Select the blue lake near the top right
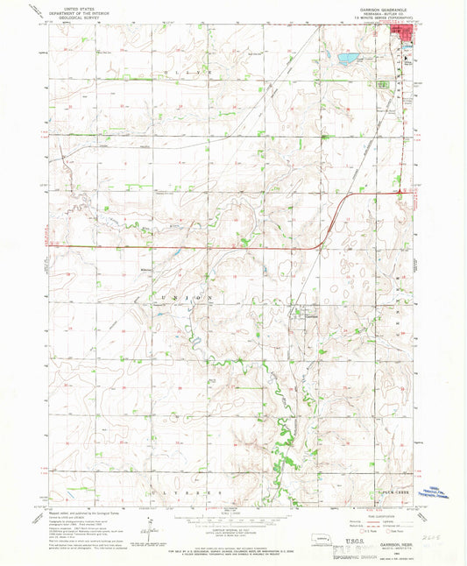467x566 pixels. tap(346, 60)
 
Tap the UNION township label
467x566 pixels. tap(185, 299)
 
